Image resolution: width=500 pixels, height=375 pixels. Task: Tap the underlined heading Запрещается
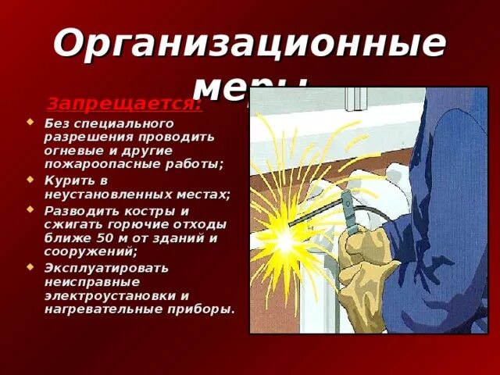[124, 103]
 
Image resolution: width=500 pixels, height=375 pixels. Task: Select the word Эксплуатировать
[106, 267]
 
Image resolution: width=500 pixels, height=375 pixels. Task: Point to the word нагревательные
[95, 309]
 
